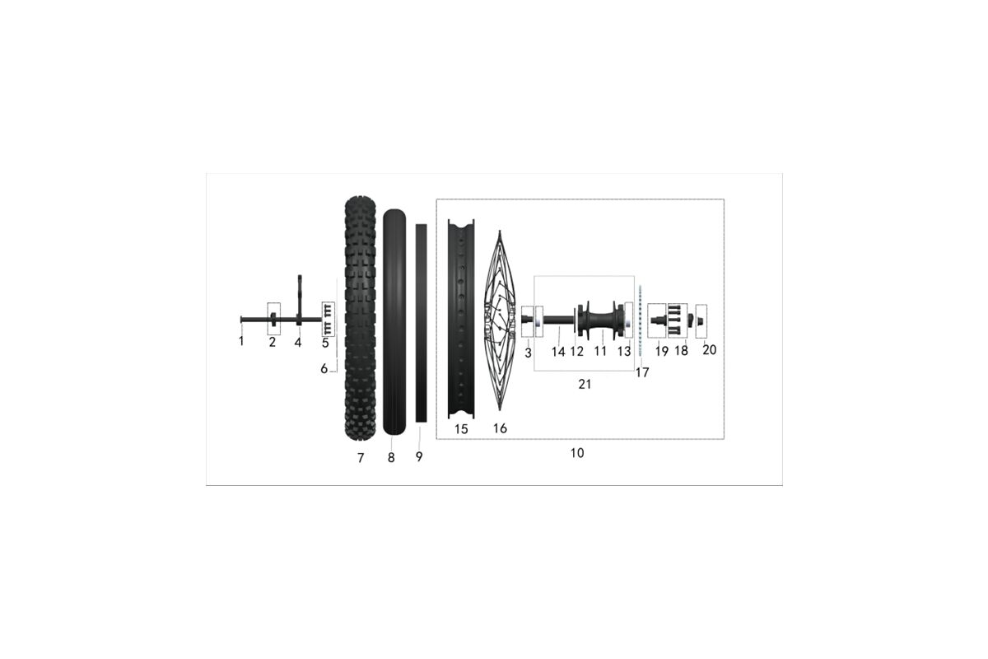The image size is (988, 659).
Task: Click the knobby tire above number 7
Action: pos(361,318)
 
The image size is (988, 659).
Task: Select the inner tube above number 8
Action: pos(394,322)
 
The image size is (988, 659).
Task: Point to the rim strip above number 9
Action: pos(422,323)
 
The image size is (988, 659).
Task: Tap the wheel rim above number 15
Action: pos(461,319)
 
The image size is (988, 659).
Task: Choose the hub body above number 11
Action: pos(601,320)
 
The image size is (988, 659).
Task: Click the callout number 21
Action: pos(585,385)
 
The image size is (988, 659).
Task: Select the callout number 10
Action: pos(577,453)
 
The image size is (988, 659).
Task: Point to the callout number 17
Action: pos(642,372)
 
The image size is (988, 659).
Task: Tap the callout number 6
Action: pos(324,368)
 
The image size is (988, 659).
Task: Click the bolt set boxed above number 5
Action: pos(329,319)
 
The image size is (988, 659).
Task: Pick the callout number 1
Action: pos(241,341)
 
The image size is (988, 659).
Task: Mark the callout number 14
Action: pos(558,352)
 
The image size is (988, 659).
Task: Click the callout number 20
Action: pos(709,350)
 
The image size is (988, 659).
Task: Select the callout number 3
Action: pos(528,353)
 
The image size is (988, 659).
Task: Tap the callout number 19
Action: pos(662,352)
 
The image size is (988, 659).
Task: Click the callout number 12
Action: pos(577,352)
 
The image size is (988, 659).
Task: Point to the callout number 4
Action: pos(298,343)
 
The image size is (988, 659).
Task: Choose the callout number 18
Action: pos(682,351)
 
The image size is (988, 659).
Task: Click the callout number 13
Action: pos(624,352)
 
